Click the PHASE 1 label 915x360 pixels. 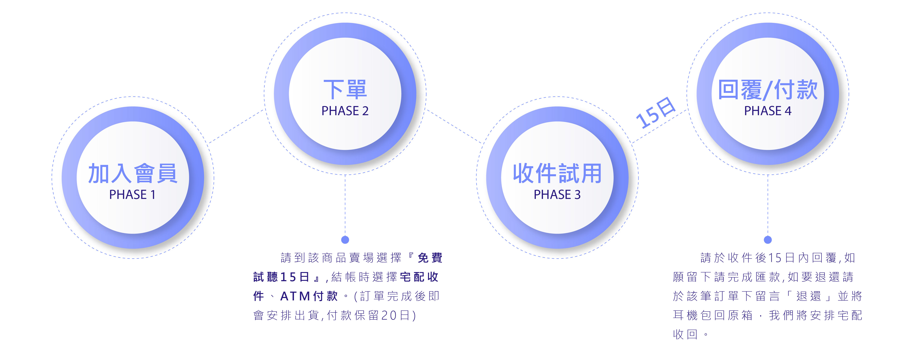[x=132, y=195]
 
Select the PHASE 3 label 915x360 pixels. [x=557, y=195]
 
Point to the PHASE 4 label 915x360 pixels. [x=768, y=111]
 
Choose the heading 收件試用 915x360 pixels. [x=557, y=174]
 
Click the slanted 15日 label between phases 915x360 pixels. [x=655, y=113]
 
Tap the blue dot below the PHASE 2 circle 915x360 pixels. [x=345, y=240]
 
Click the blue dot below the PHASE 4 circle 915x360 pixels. [x=768, y=240]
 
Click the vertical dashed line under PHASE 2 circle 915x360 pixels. [x=345, y=206]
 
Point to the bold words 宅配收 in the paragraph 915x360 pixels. [x=419, y=277]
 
